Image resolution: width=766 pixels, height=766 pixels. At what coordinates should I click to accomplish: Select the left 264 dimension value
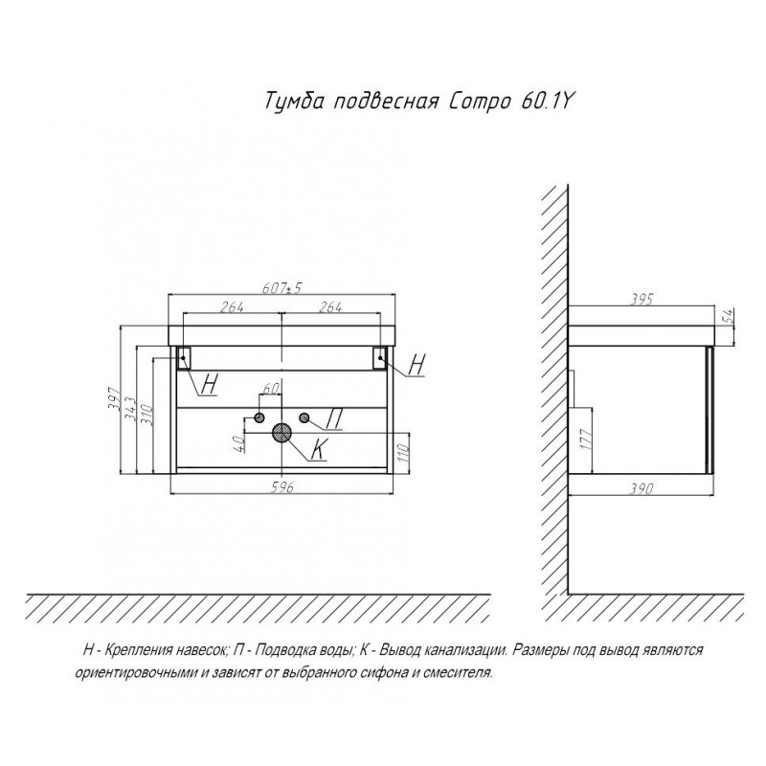(x=232, y=306)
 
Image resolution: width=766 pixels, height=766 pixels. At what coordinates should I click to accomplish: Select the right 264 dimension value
(x=330, y=306)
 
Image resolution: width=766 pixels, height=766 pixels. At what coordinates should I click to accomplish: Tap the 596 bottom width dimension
(x=282, y=487)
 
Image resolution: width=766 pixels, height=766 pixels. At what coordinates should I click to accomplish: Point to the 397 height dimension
(x=113, y=399)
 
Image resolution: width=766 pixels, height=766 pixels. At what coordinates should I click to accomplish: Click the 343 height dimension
(x=129, y=409)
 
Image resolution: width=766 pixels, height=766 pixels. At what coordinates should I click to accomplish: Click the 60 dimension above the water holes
(x=271, y=389)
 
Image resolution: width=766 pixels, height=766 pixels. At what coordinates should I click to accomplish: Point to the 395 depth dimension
(x=641, y=299)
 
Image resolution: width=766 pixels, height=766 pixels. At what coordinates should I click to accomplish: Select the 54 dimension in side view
(x=728, y=317)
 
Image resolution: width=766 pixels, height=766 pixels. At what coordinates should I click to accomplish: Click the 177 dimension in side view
(x=587, y=439)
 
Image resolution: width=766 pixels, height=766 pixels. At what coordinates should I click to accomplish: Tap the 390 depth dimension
(x=640, y=487)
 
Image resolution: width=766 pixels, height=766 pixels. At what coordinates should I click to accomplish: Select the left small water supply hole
(x=259, y=417)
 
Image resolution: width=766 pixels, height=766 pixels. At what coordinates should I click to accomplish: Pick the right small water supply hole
(x=304, y=417)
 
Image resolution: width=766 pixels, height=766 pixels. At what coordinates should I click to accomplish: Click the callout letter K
(x=319, y=449)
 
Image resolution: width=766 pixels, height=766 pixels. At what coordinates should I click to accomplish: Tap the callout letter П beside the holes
(x=333, y=418)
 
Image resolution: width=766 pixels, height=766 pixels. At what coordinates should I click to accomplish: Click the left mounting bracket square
(x=184, y=357)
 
